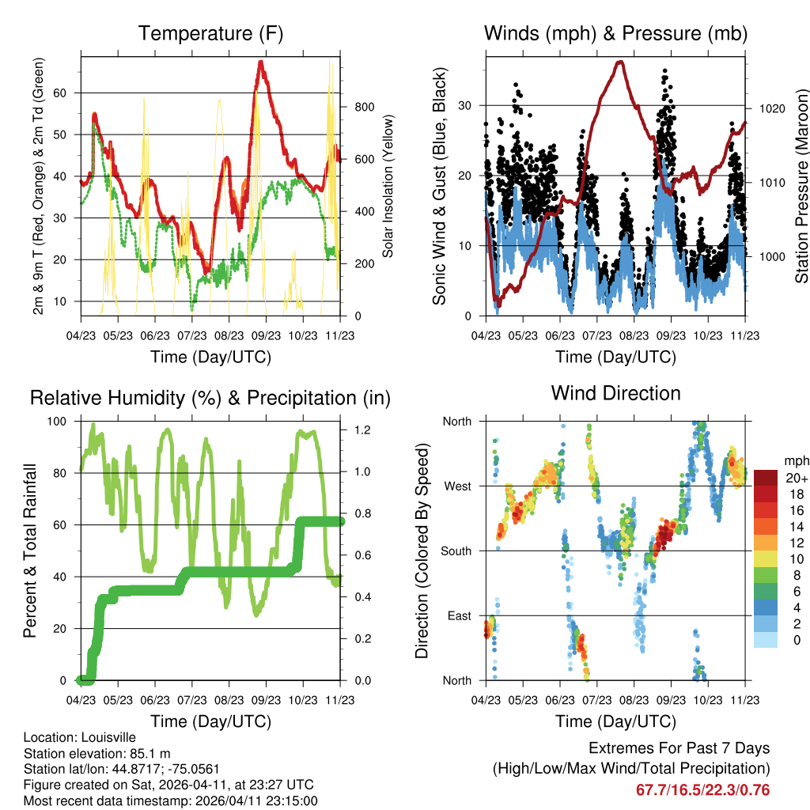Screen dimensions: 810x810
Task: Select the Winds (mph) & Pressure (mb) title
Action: tap(615, 34)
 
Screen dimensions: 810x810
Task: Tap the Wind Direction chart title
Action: tap(615, 393)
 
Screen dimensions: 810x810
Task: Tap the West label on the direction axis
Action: tap(456, 486)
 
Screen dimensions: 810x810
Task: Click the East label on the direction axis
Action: tap(459, 615)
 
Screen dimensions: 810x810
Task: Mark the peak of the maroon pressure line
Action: tap(619, 62)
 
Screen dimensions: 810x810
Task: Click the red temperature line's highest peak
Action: tap(260, 62)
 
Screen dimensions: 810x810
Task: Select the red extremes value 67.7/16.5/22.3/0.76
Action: tap(702, 790)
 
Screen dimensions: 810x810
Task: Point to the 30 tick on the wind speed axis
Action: tap(467, 105)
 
